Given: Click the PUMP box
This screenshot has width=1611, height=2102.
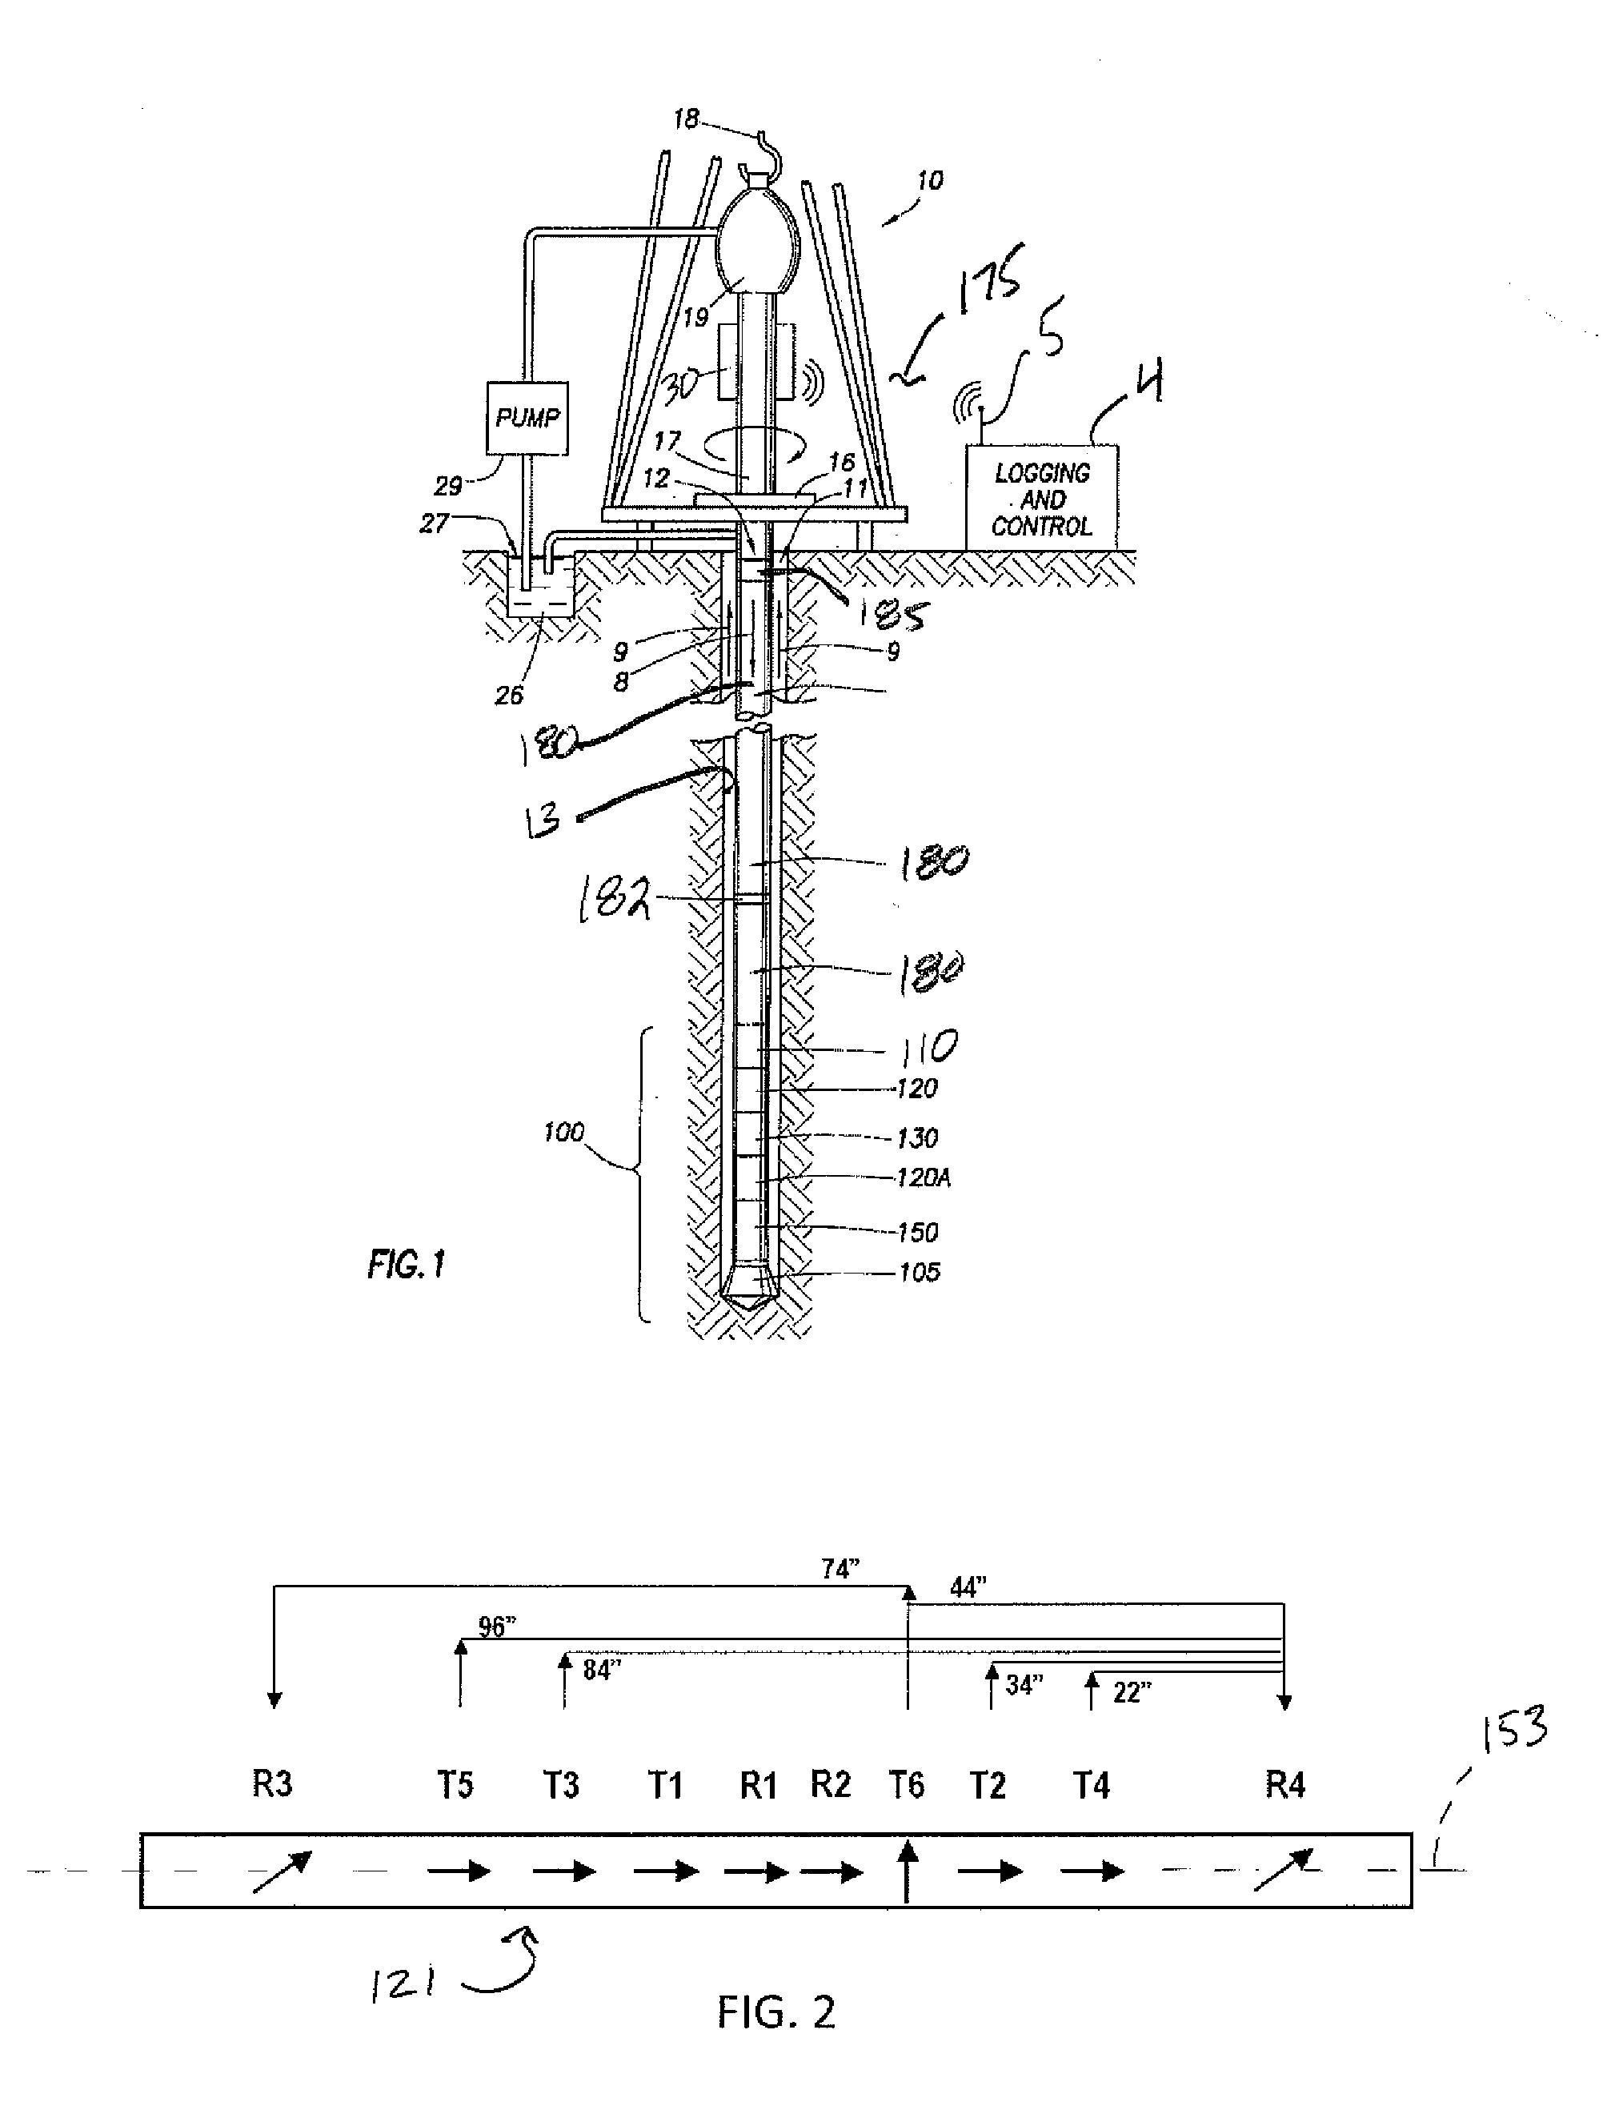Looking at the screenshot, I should point(527,418).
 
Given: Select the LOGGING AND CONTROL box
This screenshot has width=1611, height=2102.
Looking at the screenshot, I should point(1041,499).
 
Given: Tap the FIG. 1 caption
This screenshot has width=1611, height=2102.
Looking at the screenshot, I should point(407,1265).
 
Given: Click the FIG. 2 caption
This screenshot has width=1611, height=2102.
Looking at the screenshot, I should point(775,2011).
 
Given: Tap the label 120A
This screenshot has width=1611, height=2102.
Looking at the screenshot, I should point(923,1177).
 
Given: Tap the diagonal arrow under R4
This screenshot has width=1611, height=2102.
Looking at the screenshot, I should point(1282,1870).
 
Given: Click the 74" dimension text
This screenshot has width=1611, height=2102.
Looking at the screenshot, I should point(840,1570).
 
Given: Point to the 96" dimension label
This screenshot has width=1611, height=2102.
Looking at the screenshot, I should point(497,1627).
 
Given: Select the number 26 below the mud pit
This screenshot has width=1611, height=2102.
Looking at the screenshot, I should point(509,696).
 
